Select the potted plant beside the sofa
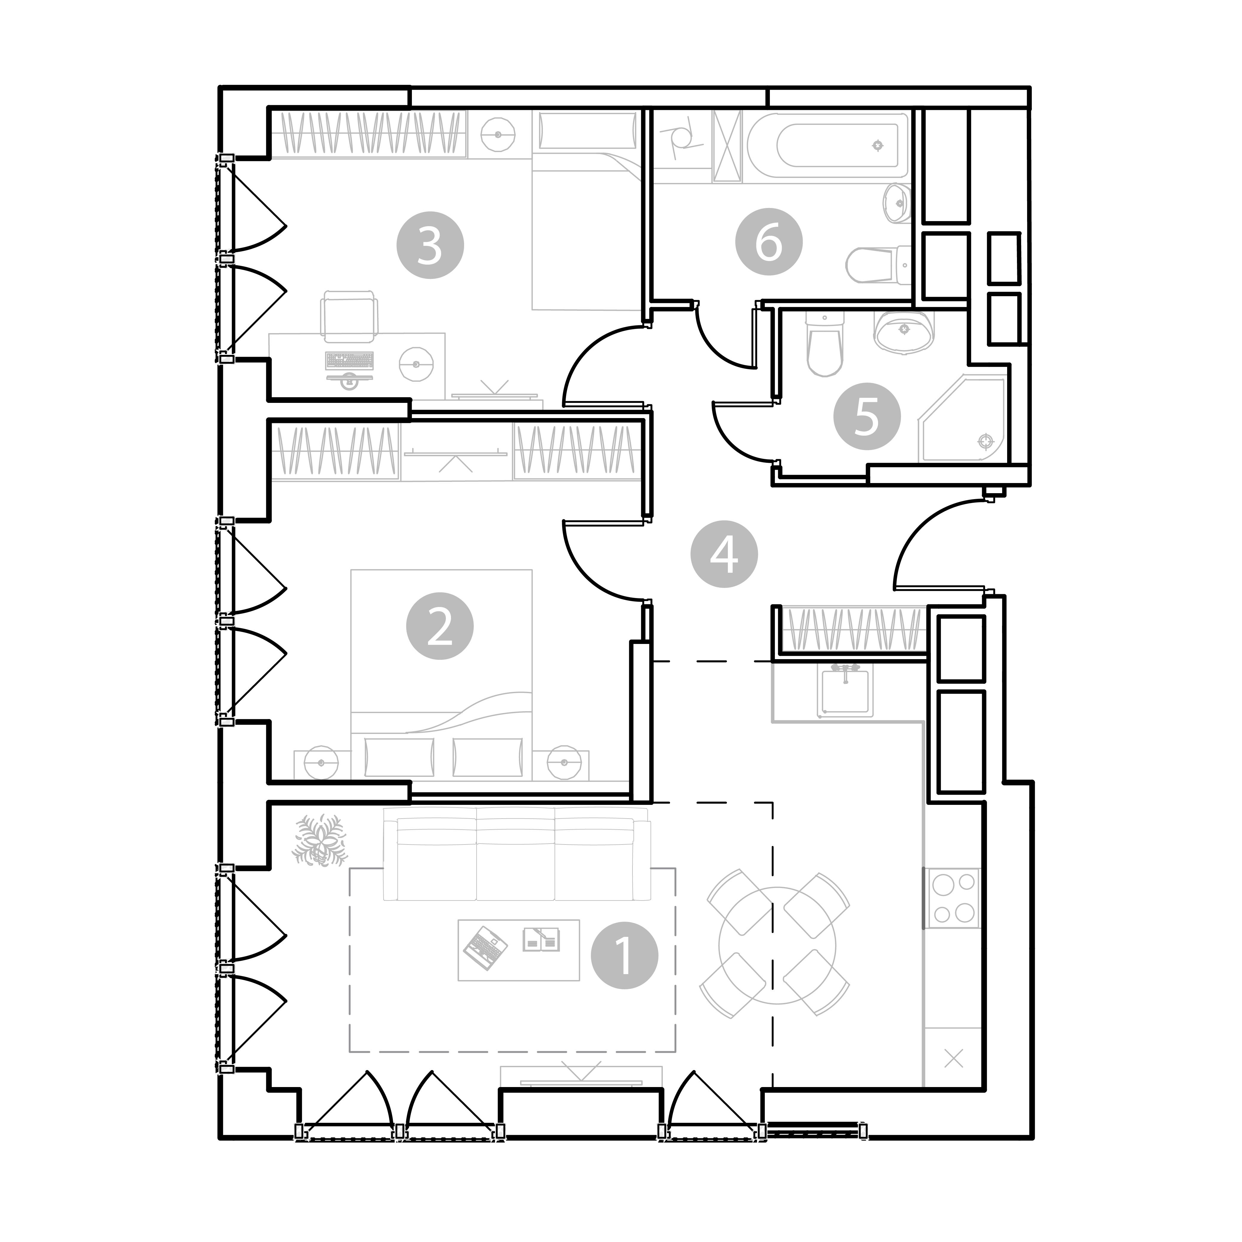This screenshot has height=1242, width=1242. pyautogui.click(x=320, y=840)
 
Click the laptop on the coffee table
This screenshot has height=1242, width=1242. pyautogui.click(x=485, y=948)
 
